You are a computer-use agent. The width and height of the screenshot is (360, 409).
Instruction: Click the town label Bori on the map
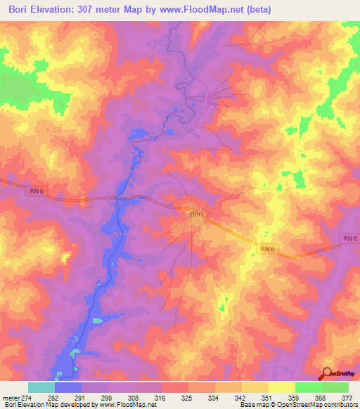(x=196, y=214)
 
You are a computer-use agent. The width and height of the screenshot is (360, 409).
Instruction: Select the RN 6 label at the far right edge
(x=350, y=239)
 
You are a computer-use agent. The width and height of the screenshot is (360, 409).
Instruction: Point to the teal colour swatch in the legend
(x=41, y=387)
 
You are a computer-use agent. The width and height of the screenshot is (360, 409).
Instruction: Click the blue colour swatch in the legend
(x=68, y=387)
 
